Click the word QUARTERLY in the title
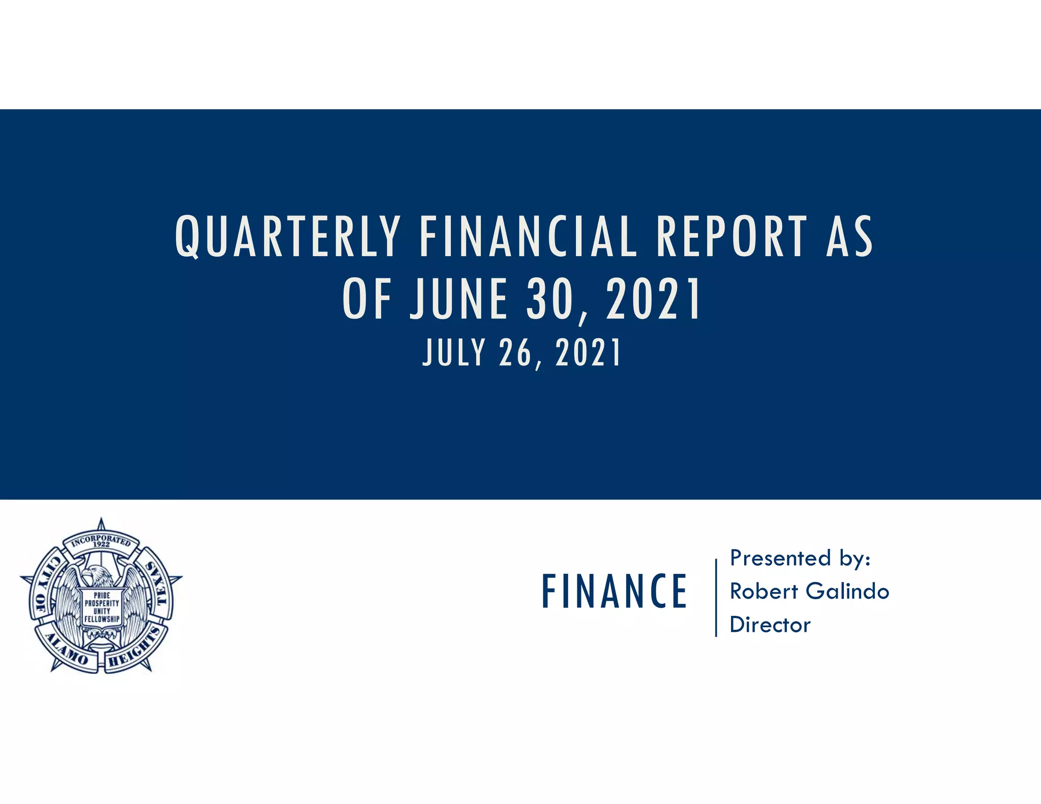point(288,237)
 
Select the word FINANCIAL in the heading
point(528,237)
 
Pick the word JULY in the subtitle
point(454,353)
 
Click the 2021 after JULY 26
point(588,353)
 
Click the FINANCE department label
point(614,591)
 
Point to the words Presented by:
point(800,559)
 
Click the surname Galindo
point(847,592)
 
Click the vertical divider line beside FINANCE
point(716,598)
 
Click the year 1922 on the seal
point(102,544)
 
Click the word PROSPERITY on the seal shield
point(102,603)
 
